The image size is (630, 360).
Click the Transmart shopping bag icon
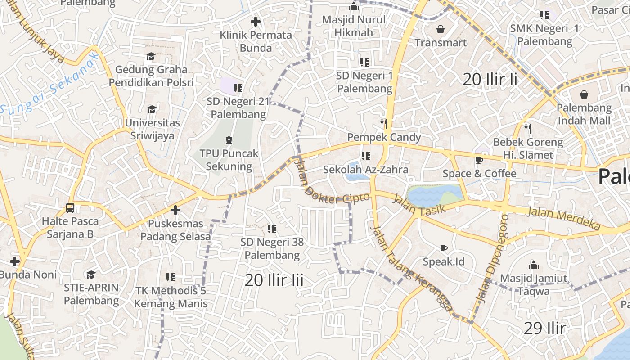pyautogui.click(x=440, y=30)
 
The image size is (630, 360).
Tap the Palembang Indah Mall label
pyautogui.click(x=584, y=114)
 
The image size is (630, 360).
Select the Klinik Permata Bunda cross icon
pyautogui.click(x=256, y=21)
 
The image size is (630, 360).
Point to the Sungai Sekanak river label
pyautogui.click(x=49, y=84)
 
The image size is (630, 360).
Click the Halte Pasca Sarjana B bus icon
pyautogui.click(x=70, y=208)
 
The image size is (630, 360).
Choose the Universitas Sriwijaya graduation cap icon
pyautogui.click(x=152, y=110)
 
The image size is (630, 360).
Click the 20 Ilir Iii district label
pyautogui.click(x=274, y=280)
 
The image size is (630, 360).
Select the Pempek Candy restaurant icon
pyautogui.click(x=384, y=123)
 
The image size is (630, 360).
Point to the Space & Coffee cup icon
pyautogui.click(x=479, y=160)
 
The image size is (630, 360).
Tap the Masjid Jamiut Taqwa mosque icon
pyautogui.click(x=534, y=265)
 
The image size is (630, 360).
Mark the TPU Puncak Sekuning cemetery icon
pyautogui.click(x=229, y=140)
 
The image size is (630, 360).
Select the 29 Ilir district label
pyautogui.click(x=544, y=328)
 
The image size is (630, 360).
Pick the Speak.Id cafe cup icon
pyautogui.click(x=444, y=248)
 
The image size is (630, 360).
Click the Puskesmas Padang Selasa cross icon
pyautogui.click(x=175, y=210)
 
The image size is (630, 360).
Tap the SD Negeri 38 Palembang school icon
pyautogui.click(x=271, y=229)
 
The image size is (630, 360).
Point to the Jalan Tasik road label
pyautogui.click(x=419, y=204)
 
